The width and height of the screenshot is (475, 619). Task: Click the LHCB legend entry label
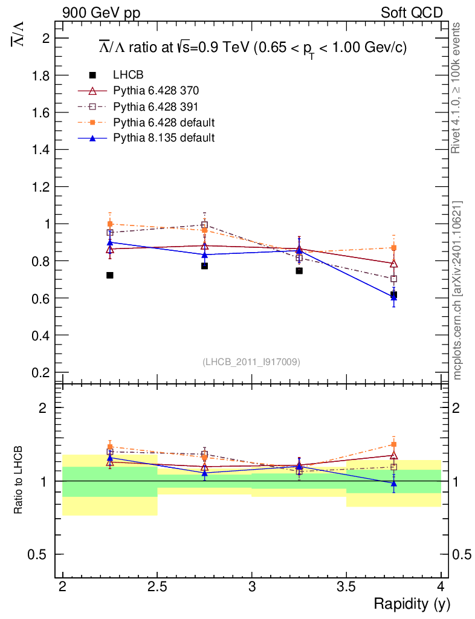tap(128, 74)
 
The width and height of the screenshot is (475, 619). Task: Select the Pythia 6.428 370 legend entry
tap(156, 91)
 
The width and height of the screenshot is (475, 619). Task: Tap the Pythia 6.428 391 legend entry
tap(155, 107)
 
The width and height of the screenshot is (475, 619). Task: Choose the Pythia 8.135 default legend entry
tap(164, 138)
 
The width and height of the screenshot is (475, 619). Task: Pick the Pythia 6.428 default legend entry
tap(164, 122)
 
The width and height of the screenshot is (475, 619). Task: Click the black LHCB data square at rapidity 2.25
tap(109, 275)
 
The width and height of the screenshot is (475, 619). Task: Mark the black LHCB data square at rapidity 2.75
tap(204, 266)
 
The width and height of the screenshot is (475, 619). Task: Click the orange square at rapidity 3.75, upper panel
tap(393, 248)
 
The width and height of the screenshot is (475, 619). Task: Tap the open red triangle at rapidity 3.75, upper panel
tap(393, 264)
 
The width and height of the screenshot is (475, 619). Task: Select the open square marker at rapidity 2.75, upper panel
tap(204, 225)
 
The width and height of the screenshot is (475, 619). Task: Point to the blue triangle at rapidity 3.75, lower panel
tap(393, 483)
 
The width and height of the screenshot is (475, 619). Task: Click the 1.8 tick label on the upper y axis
tap(40, 76)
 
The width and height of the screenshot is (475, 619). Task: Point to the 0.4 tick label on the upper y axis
tap(40, 335)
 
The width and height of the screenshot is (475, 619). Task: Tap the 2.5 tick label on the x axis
tap(157, 587)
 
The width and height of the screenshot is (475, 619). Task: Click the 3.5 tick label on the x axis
tap(346, 587)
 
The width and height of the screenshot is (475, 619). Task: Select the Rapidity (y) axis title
tap(412, 604)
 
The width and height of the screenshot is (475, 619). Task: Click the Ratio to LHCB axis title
tap(18, 479)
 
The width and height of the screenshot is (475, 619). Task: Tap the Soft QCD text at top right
tap(412, 13)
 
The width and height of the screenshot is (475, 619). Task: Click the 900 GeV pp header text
tap(102, 13)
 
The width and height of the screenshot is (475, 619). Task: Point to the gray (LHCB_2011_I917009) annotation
tap(251, 361)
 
